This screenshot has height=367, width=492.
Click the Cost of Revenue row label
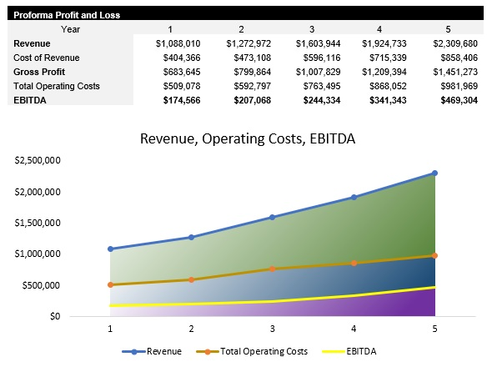pyautogui.click(x=46, y=57)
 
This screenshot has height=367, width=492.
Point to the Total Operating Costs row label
pyautogui.click(x=55, y=85)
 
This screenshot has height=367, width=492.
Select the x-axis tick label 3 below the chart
pyautogui.click(x=272, y=329)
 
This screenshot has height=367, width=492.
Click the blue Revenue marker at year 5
pyautogui.click(x=434, y=173)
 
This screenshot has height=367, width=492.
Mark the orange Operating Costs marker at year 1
pyautogui.click(x=109, y=285)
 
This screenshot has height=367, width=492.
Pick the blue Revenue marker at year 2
pyautogui.click(x=191, y=238)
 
